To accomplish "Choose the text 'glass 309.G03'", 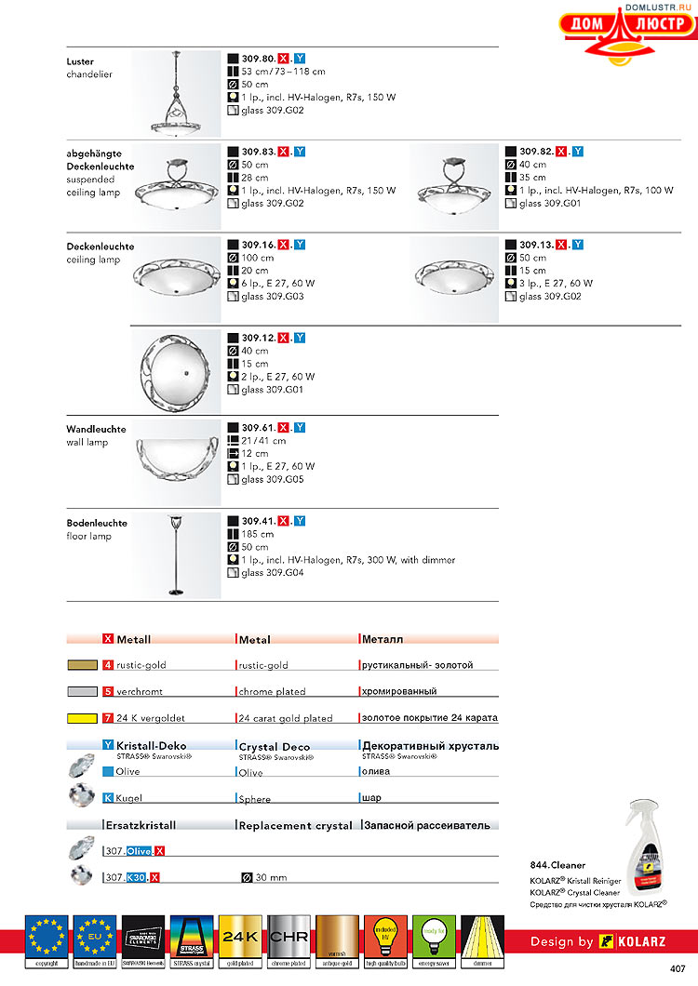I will (x=273, y=297).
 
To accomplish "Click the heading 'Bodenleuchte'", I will (x=97, y=523).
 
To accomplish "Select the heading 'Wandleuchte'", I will (x=93, y=429).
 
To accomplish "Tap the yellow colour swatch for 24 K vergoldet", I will (x=83, y=718).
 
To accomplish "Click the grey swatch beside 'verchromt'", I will (x=83, y=692).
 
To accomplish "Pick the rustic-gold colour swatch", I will (x=83, y=666).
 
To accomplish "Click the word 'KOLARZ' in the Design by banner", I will (x=640, y=941).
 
